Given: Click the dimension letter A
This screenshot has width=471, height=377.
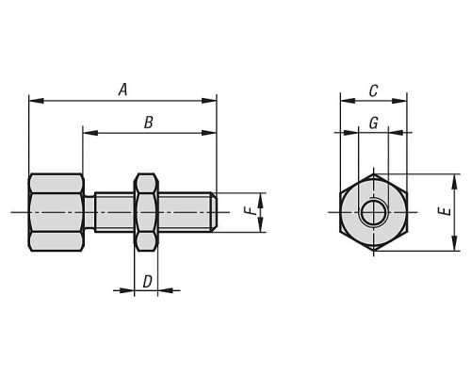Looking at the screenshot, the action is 123,90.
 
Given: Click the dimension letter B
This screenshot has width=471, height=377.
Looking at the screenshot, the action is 149,123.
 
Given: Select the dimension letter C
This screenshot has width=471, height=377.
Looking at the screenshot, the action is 373,91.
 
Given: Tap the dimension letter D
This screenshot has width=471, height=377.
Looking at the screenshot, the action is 147,282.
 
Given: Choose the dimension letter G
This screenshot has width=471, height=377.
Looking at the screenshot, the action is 373,123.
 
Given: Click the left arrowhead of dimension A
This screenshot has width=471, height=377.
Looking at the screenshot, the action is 36,101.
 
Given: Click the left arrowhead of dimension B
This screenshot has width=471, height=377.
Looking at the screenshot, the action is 90,133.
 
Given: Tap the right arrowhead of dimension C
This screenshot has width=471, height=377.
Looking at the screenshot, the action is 399,101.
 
